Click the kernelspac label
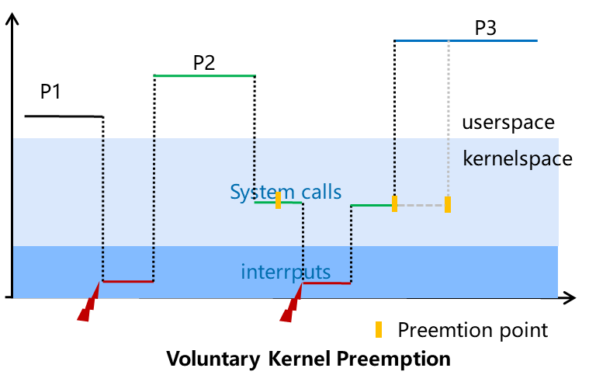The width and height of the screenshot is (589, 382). click(x=510, y=159)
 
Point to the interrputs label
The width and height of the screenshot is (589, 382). click(x=286, y=273)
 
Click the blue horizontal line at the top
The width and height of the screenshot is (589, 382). click(x=466, y=40)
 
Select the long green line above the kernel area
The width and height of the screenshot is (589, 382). click(x=203, y=76)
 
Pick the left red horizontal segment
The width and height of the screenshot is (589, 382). click(x=128, y=281)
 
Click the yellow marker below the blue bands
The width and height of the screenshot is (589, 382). click(x=379, y=329)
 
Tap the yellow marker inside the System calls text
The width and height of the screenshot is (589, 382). click(x=279, y=200)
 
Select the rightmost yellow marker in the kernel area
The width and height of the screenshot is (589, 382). click(x=448, y=204)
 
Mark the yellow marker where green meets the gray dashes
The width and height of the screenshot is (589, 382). click(x=394, y=203)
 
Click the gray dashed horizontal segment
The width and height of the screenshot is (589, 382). click(x=421, y=205)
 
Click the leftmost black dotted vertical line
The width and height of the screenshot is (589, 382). click(x=103, y=210)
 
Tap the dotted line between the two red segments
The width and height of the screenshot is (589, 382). click(x=154, y=210)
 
